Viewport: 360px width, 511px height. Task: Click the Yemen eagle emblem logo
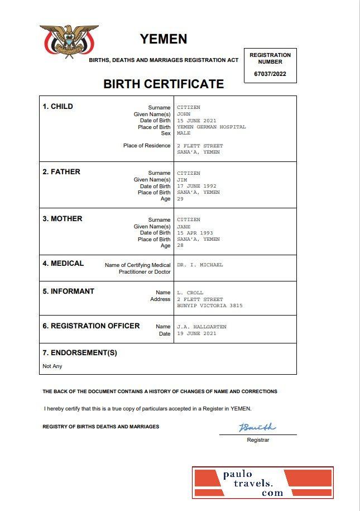click(x=69, y=41)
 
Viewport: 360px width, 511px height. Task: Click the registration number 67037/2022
click(x=270, y=74)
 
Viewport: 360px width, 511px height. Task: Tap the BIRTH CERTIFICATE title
click(x=164, y=84)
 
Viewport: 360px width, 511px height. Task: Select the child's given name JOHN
click(x=184, y=114)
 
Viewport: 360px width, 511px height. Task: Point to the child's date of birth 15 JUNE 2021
click(x=196, y=121)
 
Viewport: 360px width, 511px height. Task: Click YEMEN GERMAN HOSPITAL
click(x=211, y=127)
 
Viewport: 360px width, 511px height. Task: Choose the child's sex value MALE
click(x=184, y=133)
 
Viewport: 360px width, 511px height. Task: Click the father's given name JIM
click(x=182, y=180)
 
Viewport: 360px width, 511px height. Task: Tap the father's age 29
click(x=180, y=199)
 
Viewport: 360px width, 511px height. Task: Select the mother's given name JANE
click(x=184, y=227)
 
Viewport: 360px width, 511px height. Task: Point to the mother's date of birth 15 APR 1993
click(x=195, y=233)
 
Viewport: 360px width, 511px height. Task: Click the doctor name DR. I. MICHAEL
click(x=200, y=265)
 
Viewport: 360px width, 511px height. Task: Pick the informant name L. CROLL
click(x=190, y=293)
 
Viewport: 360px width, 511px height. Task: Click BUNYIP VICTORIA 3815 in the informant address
click(x=209, y=306)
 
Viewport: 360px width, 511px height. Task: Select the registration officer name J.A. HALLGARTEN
click(x=201, y=327)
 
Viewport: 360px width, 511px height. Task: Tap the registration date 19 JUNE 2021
click(x=196, y=333)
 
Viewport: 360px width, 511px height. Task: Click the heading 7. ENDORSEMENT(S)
click(x=80, y=353)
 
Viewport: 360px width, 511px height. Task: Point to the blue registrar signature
click(x=257, y=428)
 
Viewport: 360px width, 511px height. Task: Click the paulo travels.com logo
click(x=263, y=483)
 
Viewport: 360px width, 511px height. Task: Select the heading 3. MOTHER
click(x=63, y=219)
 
